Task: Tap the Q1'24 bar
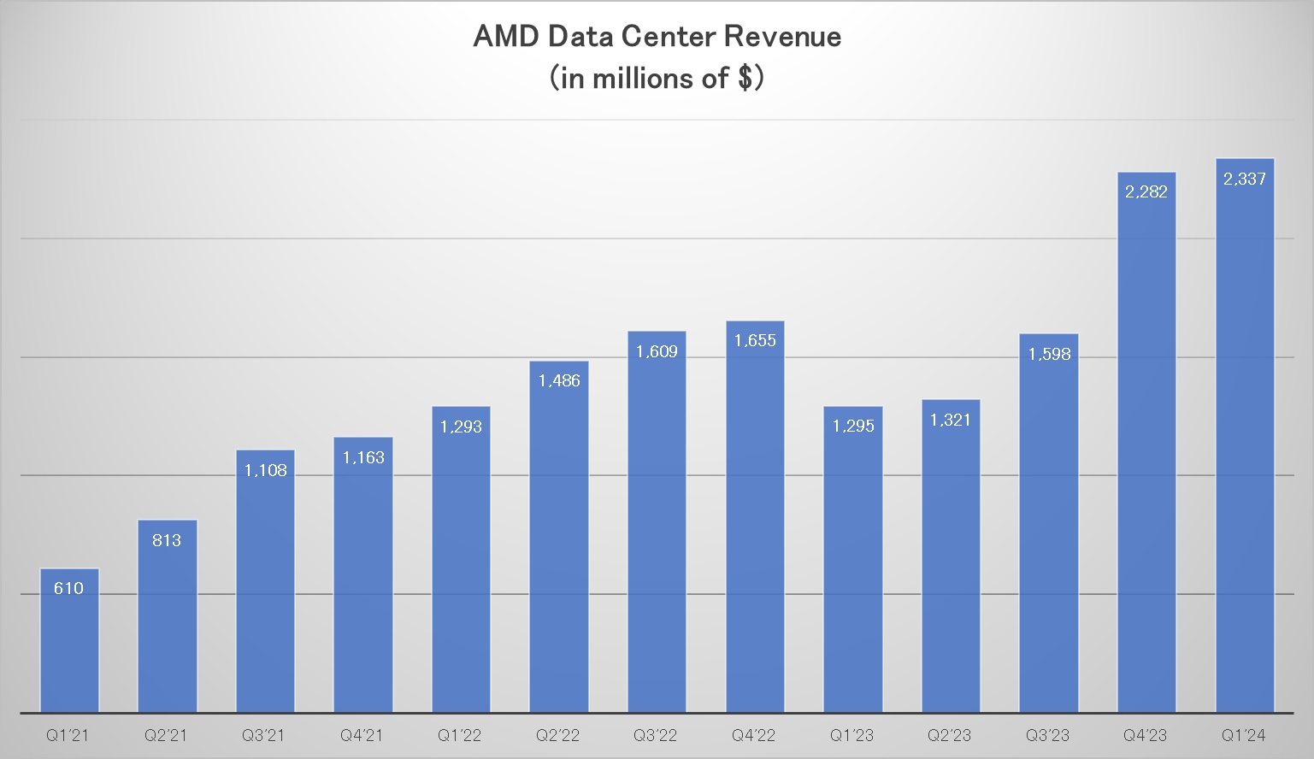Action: pos(1245,444)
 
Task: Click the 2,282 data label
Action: pos(1146,192)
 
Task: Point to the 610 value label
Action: pos(68,588)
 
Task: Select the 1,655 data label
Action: pos(755,341)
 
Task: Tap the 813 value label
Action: pos(167,540)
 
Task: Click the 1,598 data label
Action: pos(1049,354)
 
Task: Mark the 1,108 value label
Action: pos(265,470)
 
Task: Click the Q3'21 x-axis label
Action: pos(263,735)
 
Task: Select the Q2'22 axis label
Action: pos(557,735)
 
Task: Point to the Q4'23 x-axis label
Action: pos(1146,735)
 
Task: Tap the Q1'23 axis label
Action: pos(851,735)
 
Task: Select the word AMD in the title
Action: pos(506,37)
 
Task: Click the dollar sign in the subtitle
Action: pos(745,79)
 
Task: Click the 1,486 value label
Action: pos(559,381)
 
